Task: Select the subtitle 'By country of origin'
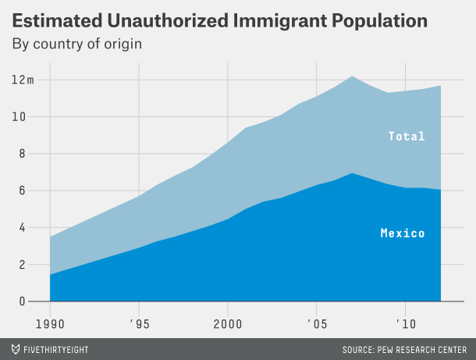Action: tap(76, 44)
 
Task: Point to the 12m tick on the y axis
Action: tap(23, 80)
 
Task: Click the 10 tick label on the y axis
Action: tap(19, 117)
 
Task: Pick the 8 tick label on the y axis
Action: tap(22, 154)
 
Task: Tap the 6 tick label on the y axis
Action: tap(22, 191)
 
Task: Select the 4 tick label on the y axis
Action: tap(22, 228)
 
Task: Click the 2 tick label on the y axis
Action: tap(22, 265)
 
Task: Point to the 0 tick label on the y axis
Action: tap(22, 301)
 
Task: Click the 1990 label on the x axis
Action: tap(50, 323)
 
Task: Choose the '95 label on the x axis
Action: tap(139, 323)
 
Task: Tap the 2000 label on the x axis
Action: tap(227, 323)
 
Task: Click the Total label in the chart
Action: tap(407, 137)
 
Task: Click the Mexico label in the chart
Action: tap(403, 233)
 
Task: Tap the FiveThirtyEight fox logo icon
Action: tap(16, 348)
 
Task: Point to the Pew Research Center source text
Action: tap(404, 348)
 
